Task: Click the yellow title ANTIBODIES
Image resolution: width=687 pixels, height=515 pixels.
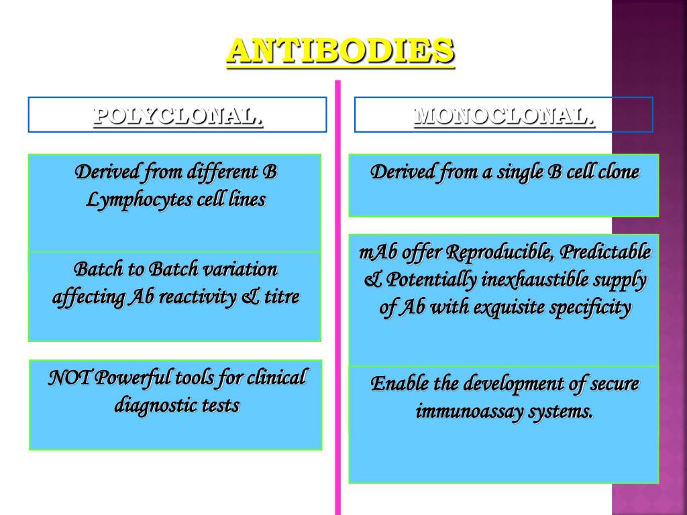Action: (x=341, y=51)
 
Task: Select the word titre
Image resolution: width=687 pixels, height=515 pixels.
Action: (x=282, y=296)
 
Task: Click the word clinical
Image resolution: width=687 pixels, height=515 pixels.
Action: (x=276, y=378)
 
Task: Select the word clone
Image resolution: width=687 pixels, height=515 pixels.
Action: (x=617, y=172)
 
